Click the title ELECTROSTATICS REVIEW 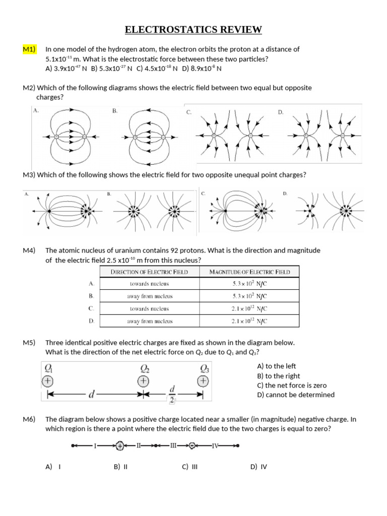(x=193, y=30)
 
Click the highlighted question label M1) (x=30, y=49)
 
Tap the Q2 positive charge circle (x=144, y=381)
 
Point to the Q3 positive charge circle (x=204, y=381)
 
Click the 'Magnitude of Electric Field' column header (x=250, y=272)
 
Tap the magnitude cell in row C (x=250, y=308)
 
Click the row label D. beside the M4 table (x=91, y=321)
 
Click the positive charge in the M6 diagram (x=119, y=445)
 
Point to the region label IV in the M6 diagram (x=215, y=445)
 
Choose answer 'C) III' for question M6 (x=189, y=467)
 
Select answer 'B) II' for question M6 (x=121, y=467)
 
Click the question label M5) (x=29, y=343)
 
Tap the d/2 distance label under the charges (x=172, y=395)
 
